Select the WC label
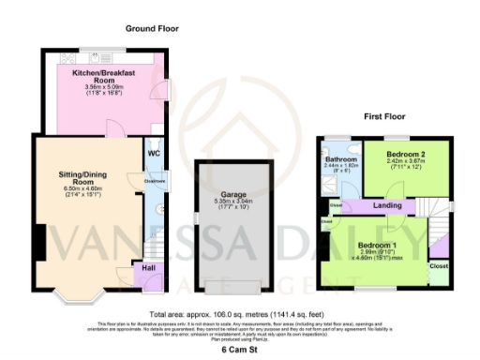154,155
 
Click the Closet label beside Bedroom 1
439,266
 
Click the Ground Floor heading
152,29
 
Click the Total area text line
240,314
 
